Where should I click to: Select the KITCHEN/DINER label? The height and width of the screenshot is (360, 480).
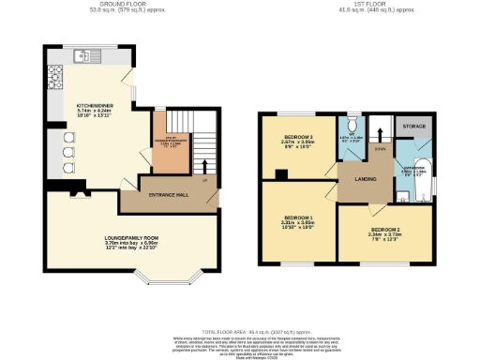(x=95, y=107)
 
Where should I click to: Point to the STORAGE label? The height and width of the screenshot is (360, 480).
(x=413, y=125)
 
